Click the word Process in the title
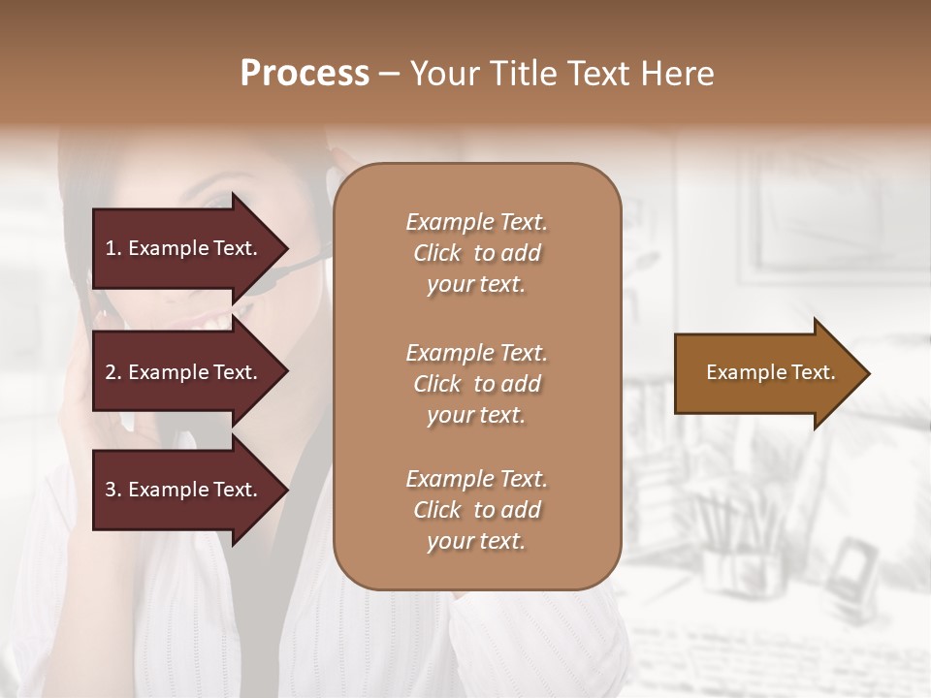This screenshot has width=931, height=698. click(305, 74)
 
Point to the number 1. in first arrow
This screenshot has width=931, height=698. click(113, 248)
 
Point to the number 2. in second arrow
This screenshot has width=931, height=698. click(113, 372)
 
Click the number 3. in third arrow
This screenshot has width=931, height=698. click(113, 490)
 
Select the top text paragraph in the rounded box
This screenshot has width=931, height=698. click(476, 253)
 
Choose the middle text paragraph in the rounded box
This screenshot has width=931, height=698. click(476, 384)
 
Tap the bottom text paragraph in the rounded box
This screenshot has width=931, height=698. click(476, 510)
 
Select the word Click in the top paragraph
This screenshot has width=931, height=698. click(436, 253)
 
